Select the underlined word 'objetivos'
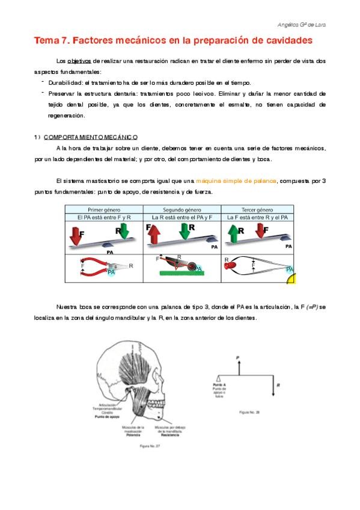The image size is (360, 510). pos(79,61)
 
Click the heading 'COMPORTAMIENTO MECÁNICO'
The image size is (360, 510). pos(91,137)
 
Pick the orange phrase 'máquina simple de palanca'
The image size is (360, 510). pos(236,181)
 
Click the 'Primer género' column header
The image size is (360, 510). pos(104,209)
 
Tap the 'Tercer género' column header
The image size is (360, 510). pos(258,209)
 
